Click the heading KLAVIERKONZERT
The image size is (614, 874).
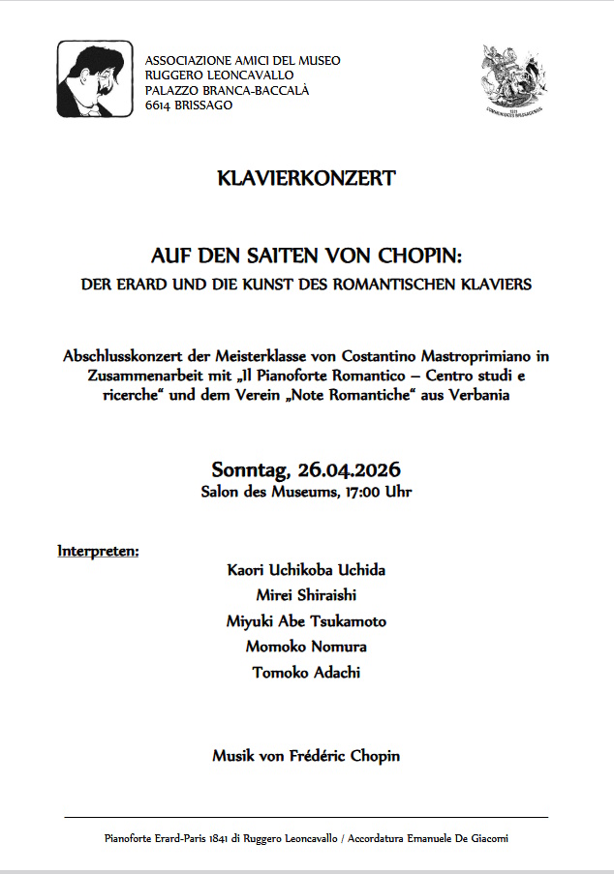(307, 178)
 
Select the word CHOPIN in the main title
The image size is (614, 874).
(415, 256)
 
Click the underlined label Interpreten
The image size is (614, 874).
(98, 552)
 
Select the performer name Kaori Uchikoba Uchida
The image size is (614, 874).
(306, 570)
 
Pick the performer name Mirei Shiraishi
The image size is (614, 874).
(306, 595)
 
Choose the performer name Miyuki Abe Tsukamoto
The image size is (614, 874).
(306, 621)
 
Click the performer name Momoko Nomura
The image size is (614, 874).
(306, 647)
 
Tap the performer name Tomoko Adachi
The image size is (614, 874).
(306, 672)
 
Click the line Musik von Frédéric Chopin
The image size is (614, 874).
(306, 755)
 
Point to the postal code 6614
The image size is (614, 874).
(158, 105)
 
